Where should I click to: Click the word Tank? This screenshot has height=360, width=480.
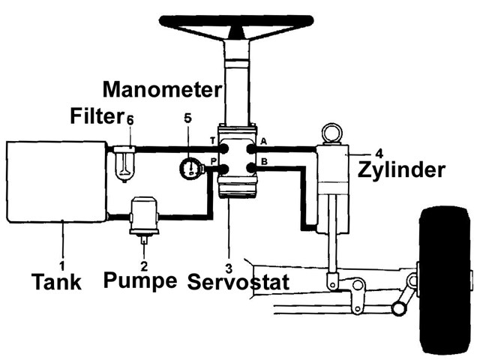pyautogui.click(x=56, y=283)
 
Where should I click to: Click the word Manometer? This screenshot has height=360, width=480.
pyautogui.click(x=162, y=90)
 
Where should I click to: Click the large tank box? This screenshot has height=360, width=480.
pyautogui.click(x=57, y=181)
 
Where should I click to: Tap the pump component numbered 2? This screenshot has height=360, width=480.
pyautogui.click(x=142, y=215)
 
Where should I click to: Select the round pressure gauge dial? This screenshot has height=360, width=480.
pyautogui.click(x=192, y=166)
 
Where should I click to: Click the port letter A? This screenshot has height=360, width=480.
pyautogui.click(x=263, y=141)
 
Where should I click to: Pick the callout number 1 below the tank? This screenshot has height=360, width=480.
pyautogui.click(x=62, y=264)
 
